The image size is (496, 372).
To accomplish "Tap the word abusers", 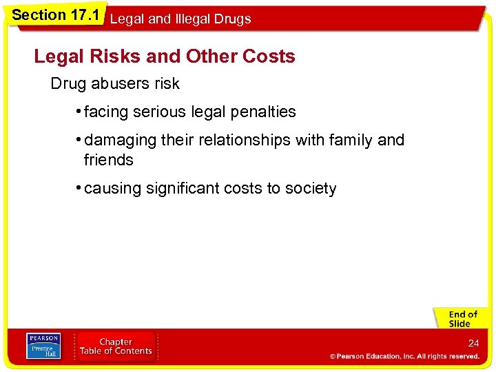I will [119, 84].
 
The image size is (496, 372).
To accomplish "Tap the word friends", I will [108, 161].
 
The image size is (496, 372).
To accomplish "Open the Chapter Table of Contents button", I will [116, 347].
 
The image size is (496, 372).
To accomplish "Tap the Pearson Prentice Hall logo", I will [43, 347].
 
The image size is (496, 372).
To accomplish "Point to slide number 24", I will [473, 342].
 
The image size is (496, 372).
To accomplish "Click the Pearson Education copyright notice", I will [404, 356].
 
